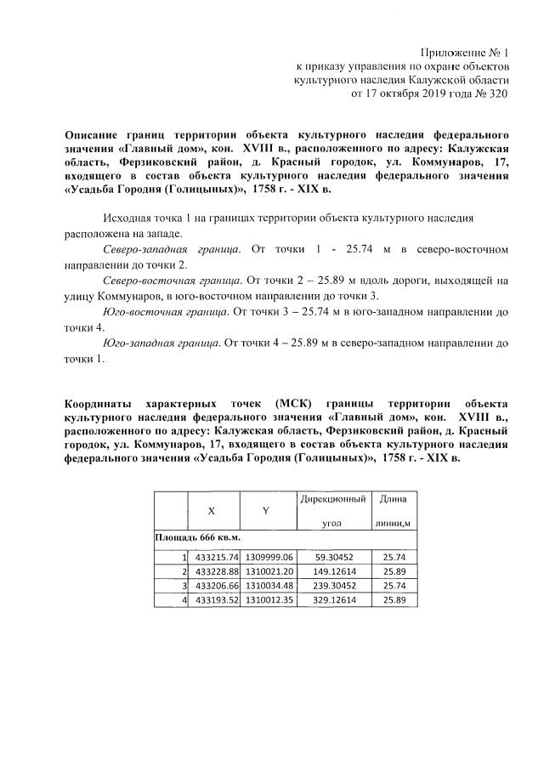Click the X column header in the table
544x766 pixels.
tap(211, 511)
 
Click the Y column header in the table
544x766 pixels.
tap(265, 511)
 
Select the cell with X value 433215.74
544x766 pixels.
tap(215, 556)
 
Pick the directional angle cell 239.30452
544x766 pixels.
tap(332, 585)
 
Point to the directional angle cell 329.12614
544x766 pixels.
tap(332, 599)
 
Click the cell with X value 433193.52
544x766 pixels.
tap(215, 599)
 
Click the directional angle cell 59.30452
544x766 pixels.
tap(332, 556)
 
